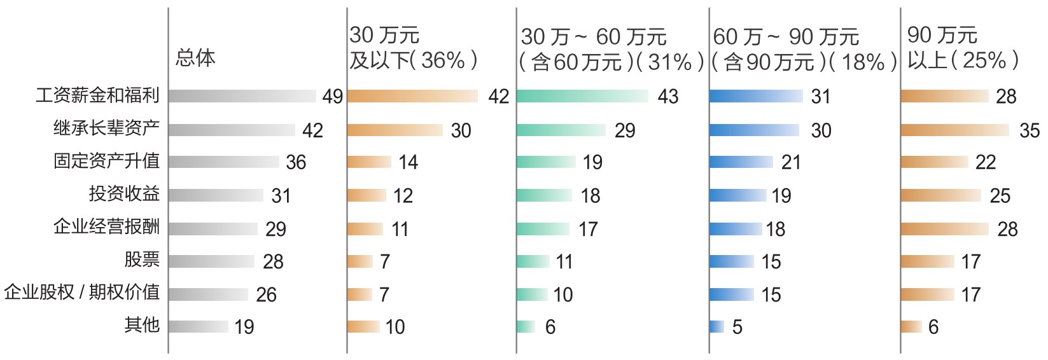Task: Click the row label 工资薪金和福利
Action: (97, 95)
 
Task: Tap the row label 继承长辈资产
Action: (106, 128)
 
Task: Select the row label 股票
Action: (142, 260)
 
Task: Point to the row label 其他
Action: (142, 325)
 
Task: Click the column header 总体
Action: (195, 59)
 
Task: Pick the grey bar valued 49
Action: (242, 96)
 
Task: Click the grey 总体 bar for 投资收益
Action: (216, 195)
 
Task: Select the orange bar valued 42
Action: (412, 96)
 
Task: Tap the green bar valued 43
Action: (582, 96)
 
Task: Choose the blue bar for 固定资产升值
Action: (741, 162)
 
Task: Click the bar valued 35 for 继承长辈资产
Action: (955, 130)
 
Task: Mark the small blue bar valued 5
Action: (717, 327)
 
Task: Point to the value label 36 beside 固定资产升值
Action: (296, 162)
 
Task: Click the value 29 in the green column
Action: (625, 130)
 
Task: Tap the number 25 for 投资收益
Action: (1000, 196)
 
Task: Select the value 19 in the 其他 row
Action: (244, 327)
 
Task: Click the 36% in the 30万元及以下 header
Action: (443, 60)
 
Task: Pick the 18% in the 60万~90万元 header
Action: (862, 62)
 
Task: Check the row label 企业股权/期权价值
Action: (81, 293)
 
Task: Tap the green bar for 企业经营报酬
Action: (543, 229)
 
